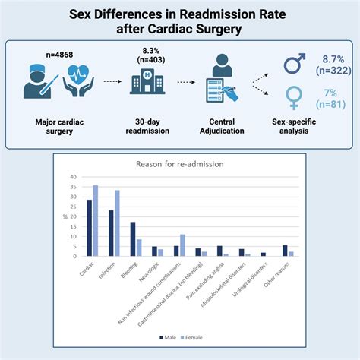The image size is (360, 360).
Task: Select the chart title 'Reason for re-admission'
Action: pos(179,164)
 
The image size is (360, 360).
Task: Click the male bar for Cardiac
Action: pos(90,228)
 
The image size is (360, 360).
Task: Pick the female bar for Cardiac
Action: pos(95,221)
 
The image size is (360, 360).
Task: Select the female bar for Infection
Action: pos(117,223)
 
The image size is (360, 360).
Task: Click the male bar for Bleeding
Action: pos(133,239)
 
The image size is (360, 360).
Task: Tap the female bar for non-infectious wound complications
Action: pos(182,245)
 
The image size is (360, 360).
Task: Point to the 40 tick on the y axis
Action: pos(74,177)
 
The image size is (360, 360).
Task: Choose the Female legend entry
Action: pos(194,335)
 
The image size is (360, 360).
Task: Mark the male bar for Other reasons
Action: pos(285,251)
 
